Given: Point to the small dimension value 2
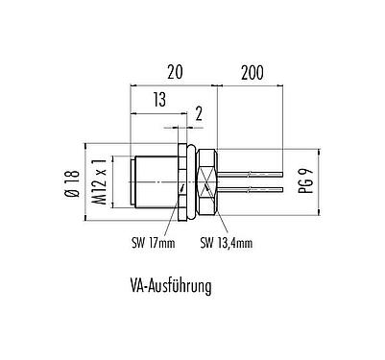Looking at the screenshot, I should point(199,115).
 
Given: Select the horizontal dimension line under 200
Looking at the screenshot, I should point(252,84).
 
